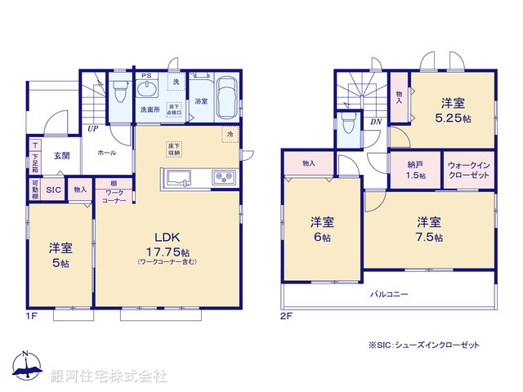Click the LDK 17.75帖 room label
(167, 241)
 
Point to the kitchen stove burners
(223, 177)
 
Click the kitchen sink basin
(177, 177)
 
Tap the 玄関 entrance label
(62, 154)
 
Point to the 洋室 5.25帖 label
(454, 110)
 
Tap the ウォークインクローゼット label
(468, 170)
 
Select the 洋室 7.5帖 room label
(428, 229)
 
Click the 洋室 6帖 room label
(321, 229)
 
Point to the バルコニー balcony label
(387, 294)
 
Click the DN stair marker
(376, 122)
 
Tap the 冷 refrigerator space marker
(230, 133)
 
